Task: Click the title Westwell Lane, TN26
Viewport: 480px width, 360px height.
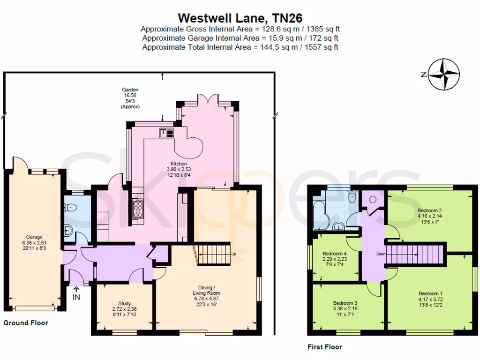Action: pos(240,18)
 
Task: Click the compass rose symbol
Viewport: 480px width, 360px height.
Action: pos(443,75)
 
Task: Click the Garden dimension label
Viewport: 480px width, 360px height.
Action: pos(130,98)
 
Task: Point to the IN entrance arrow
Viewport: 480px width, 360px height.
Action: pos(76,294)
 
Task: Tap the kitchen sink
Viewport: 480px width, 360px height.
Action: pos(166,133)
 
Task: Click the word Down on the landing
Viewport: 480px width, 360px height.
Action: pos(380,255)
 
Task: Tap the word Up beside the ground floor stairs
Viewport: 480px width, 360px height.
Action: pos(234,254)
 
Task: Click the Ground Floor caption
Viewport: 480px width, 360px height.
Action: pos(26,323)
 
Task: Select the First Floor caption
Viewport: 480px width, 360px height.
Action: pos(324,347)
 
